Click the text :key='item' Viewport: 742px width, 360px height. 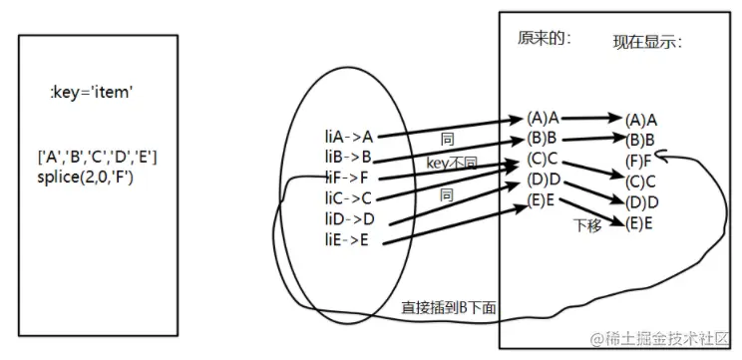[x=92, y=93]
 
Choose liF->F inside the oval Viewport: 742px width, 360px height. [x=347, y=178]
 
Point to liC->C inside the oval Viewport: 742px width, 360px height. [x=348, y=198]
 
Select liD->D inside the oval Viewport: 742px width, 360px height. [x=348, y=218]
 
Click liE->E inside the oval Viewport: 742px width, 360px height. [x=347, y=239]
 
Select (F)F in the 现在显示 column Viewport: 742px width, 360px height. [x=639, y=160]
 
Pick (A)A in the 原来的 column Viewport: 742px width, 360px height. [x=542, y=117]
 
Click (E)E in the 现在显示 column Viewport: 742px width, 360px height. [x=639, y=223]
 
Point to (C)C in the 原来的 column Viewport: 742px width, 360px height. [x=542, y=159]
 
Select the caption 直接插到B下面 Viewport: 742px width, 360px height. [x=449, y=307]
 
